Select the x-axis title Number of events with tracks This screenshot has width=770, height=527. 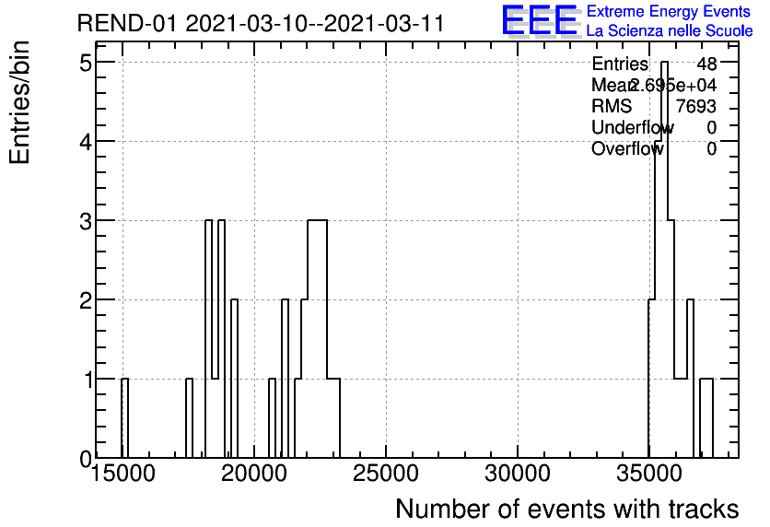[x=566, y=509]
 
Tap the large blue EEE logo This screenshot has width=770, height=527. [x=541, y=21]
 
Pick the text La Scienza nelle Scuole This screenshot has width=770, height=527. [x=670, y=30]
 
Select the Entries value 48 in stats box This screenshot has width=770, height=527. [x=706, y=64]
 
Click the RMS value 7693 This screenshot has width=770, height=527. [x=696, y=106]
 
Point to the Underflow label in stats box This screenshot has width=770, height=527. [x=632, y=127]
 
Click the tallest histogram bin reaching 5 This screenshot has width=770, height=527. [x=664, y=258]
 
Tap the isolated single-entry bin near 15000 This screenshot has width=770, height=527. [x=124, y=418]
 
